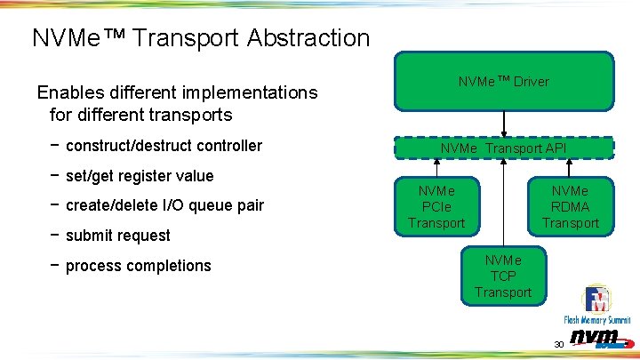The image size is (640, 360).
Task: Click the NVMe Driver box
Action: pos(504,82)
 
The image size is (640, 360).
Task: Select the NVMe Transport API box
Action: pos(504,148)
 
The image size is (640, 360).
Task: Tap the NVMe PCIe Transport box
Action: pos(436,206)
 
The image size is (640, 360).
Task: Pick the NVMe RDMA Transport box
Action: pos(571,206)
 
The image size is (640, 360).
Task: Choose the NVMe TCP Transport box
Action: pos(503,276)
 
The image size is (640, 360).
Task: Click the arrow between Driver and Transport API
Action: pos(504,124)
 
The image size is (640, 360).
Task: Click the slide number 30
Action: pos(558,344)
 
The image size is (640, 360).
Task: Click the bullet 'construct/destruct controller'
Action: pos(164,146)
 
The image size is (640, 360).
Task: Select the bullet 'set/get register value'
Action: pos(140,176)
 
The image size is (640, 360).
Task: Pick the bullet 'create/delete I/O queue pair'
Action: pos(164,205)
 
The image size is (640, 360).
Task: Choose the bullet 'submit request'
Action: pos(117,236)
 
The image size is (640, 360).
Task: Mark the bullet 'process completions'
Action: pos(138,266)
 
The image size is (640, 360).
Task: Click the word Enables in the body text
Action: pos(68,92)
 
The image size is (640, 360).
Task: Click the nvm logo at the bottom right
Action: pos(596,338)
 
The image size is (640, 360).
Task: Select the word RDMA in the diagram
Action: pos(571,206)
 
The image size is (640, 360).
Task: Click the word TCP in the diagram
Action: pos(503,276)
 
